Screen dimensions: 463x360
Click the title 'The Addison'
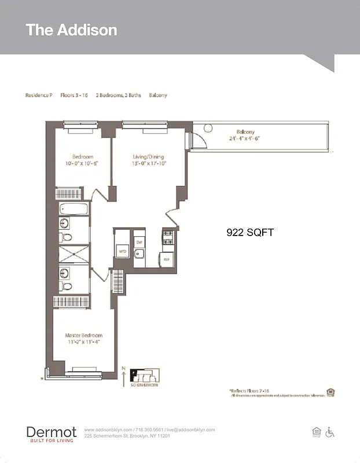71,30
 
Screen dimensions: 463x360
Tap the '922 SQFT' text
249,233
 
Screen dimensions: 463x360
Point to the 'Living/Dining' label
148,156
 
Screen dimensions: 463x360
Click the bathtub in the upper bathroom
74,209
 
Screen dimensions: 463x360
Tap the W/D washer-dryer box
123,252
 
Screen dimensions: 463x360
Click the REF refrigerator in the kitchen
166,260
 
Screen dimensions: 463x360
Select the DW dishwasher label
139,242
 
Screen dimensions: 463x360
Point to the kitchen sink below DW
139,253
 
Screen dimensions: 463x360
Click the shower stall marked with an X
74,254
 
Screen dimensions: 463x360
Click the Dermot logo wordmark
51,432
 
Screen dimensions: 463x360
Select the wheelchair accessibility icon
330,432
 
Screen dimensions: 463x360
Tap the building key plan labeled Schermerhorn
144,376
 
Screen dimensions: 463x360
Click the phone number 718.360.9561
150,430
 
